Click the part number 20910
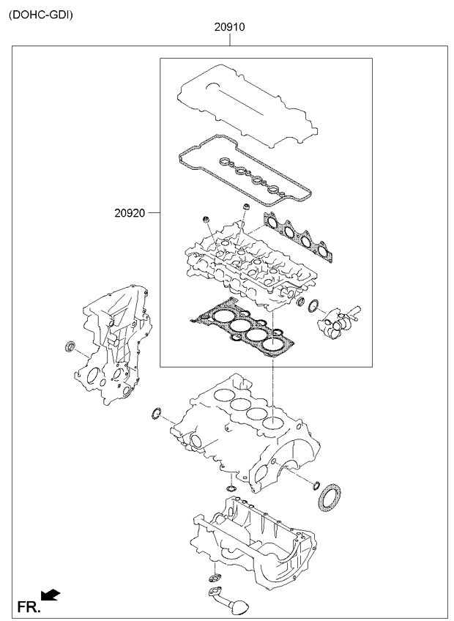tap(230, 27)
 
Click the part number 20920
tap(130, 213)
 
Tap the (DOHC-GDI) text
tap(41, 15)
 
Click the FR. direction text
tap(29, 607)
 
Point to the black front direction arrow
tap(51, 595)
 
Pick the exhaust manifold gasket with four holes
tap(298, 237)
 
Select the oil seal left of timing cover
tap(71, 346)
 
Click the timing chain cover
tap(113, 346)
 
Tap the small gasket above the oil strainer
tap(215, 578)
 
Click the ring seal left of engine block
tap(156, 414)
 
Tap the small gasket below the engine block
tap(231, 487)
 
